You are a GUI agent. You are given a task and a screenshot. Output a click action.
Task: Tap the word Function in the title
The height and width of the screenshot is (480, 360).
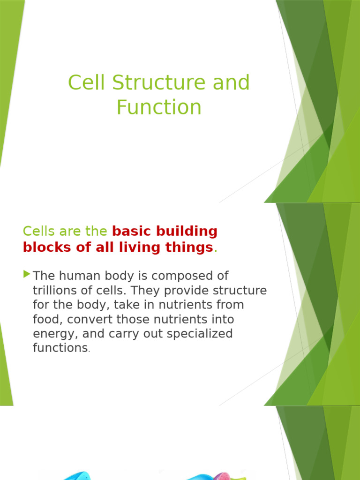coord(159,107)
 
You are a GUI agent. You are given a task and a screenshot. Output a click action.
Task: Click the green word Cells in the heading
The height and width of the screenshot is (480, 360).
coord(39,231)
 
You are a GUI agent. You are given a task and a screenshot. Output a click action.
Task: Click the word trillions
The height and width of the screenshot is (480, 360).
coord(56,290)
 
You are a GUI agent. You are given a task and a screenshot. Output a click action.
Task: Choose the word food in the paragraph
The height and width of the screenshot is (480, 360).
coord(45,319)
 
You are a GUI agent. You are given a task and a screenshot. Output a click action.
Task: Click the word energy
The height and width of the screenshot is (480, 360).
coord(52,334)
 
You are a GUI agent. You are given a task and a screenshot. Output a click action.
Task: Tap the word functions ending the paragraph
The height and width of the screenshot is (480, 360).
coord(60,348)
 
